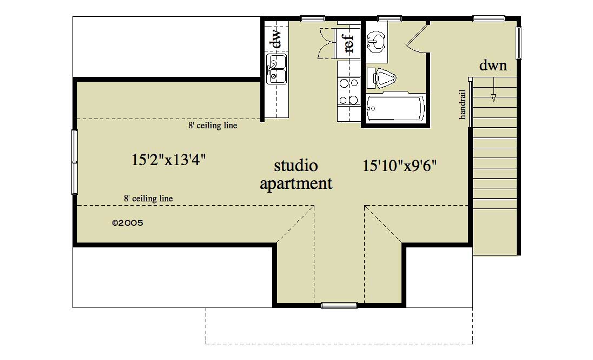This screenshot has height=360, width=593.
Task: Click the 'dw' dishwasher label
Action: pyautogui.click(x=276, y=38)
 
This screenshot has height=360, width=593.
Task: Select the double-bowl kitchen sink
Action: pyautogui.click(x=276, y=69)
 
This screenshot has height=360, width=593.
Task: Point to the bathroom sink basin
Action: pyautogui.click(x=376, y=40)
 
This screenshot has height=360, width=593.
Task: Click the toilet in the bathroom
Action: pyautogui.click(x=383, y=78)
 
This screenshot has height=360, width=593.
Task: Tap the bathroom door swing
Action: pyautogui.click(x=417, y=38)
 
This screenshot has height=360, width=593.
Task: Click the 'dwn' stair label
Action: pyautogui.click(x=493, y=66)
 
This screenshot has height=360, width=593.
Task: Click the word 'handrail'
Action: pyautogui.click(x=463, y=104)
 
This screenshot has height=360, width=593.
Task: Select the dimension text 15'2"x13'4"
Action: pyautogui.click(x=169, y=160)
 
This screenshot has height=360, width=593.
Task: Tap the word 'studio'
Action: pyautogui.click(x=295, y=165)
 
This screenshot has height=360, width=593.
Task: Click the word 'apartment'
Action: pyautogui.click(x=296, y=184)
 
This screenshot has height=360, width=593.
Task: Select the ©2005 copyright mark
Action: pyautogui.click(x=127, y=222)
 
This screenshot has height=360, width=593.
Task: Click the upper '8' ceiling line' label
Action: pyautogui.click(x=213, y=126)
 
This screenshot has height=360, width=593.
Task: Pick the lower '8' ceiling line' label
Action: pyautogui.click(x=148, y=199)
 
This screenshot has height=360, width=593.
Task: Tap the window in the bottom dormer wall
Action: pyautogui.click(x=339, y=305)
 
